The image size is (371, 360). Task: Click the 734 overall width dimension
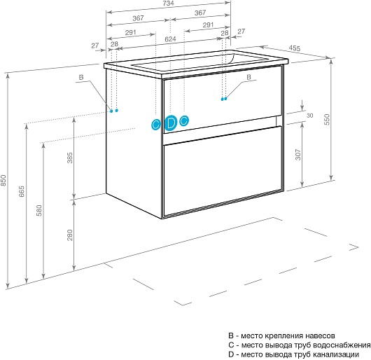(x=169, y=3)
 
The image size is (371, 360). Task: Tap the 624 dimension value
(x=170, y=39)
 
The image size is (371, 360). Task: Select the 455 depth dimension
(x=295, y=48)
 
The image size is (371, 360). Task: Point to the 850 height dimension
(x=3, y=180)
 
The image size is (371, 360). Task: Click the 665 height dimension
(x=22, y=191)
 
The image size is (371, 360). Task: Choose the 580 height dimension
(x=39, y=210)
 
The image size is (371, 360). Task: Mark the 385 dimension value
(x=70, y=158)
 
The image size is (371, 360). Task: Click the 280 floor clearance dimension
(x=70, y=235)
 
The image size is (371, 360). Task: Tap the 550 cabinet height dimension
(x=327, y=120)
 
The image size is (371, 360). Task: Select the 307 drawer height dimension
(x=298, y=155)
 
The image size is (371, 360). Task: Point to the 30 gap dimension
(x=309, y=116)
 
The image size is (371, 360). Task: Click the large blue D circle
(x=171, y=123)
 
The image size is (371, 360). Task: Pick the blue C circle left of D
(x=155, y=124)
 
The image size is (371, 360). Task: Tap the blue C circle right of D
(x=184, y=120)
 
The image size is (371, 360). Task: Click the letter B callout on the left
(x=81, y=78)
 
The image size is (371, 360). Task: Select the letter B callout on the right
(x=248, y=77)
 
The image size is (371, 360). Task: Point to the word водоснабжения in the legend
(x=342, y=345)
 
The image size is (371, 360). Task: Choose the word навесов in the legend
(x=320, y=335)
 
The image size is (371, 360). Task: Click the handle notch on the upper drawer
(x=279, y=120)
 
